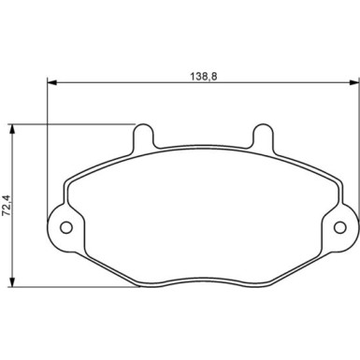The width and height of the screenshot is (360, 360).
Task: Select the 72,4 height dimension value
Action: [7, 204]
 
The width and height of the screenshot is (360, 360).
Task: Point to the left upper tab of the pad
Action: [143, 137]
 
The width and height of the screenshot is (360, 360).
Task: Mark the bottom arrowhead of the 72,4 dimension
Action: [12, 282]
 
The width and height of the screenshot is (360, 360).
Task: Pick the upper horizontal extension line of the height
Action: [75, 123]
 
